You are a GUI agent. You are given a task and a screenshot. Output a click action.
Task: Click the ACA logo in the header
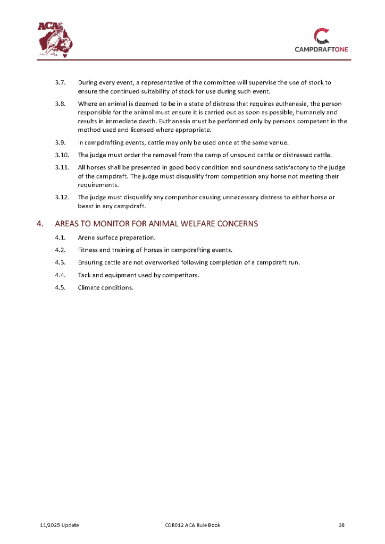[55, 38]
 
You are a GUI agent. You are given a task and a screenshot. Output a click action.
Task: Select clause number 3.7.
[60, 83]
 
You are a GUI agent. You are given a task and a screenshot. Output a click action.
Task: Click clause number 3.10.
[62, 155]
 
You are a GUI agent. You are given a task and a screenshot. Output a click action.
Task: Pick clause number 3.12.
[62, 197]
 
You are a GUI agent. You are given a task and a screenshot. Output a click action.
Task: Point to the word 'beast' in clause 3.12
[86, 206]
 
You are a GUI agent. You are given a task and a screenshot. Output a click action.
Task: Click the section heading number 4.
[39, 224]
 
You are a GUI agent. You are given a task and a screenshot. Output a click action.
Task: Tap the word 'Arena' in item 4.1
[87, 237]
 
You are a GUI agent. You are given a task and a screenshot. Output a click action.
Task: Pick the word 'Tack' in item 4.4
[85, 275]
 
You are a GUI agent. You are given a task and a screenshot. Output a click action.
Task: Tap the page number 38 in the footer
[342, 525]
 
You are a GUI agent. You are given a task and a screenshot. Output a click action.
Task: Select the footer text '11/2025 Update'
[60, 525]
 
